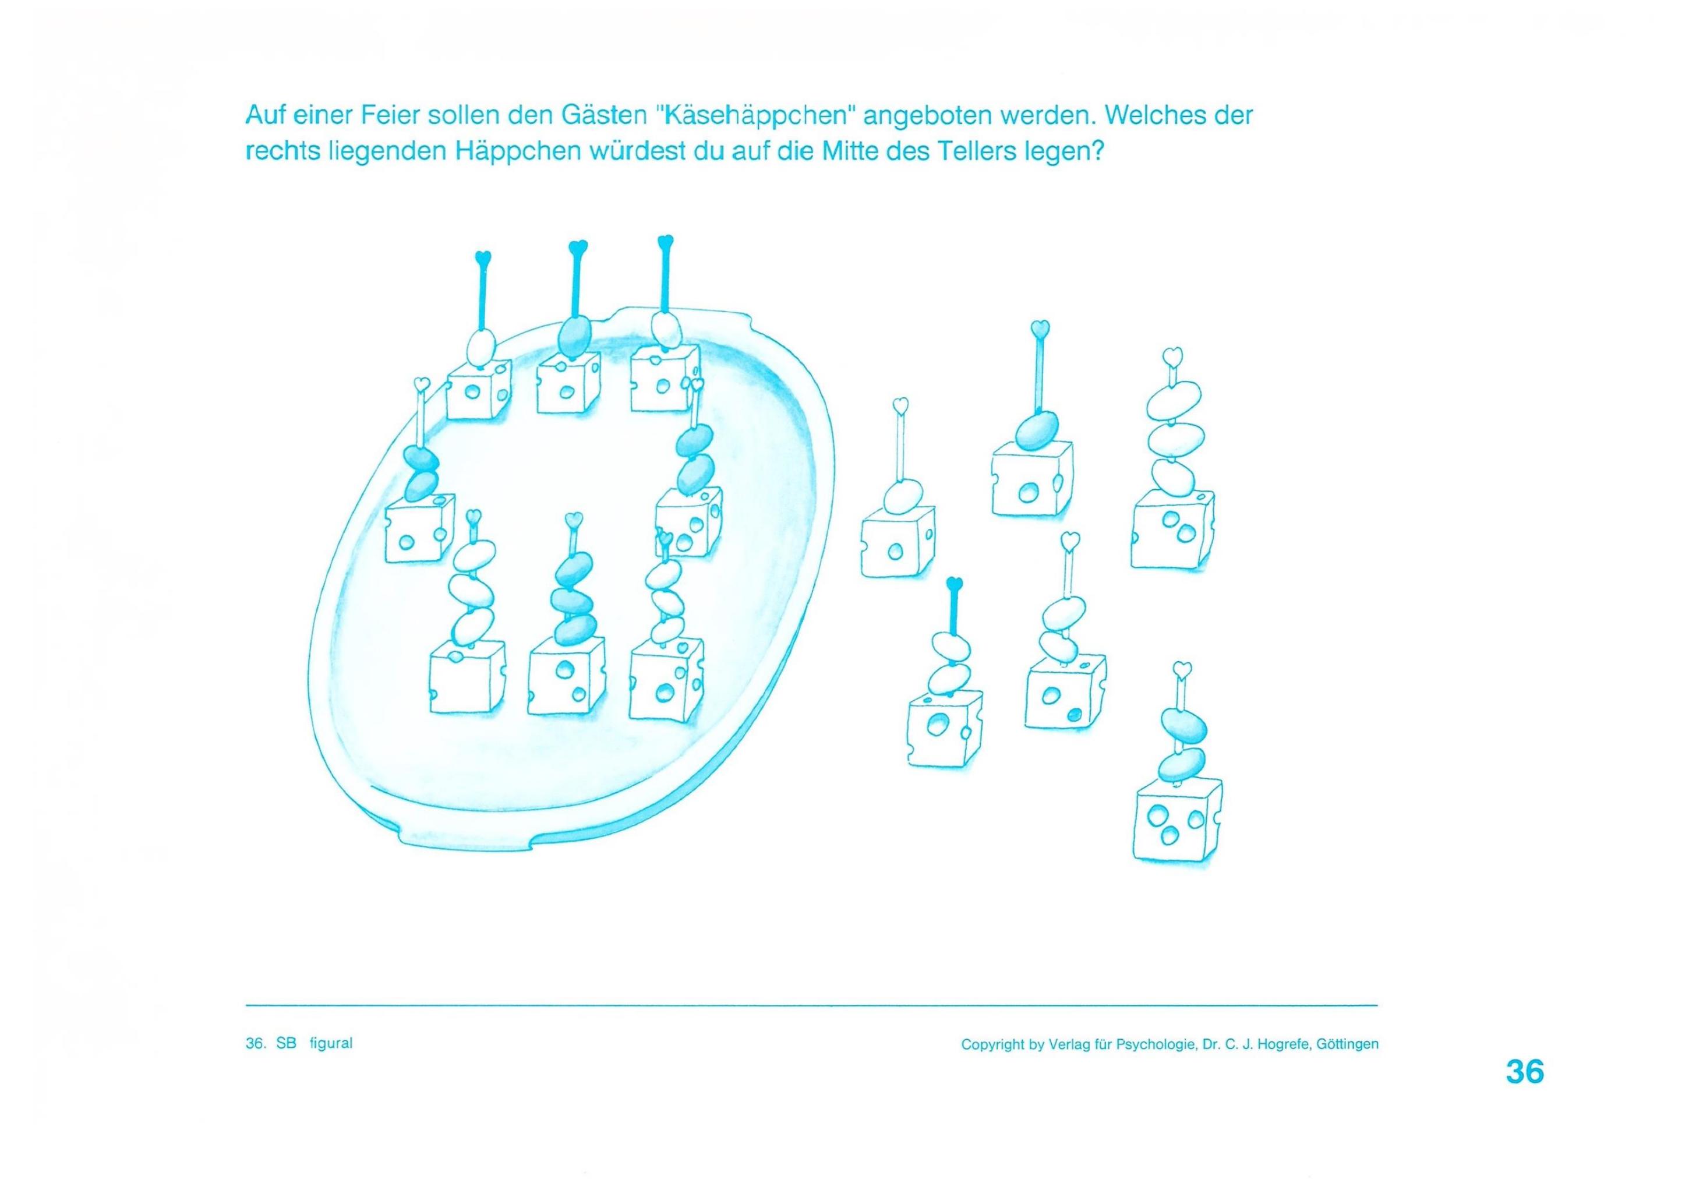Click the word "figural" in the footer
(331, 1044)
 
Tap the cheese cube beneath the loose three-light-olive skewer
(1174, 529)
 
